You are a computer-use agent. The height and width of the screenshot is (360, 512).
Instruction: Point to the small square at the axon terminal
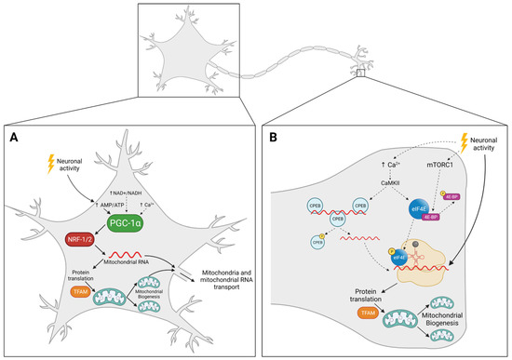tap(361, 72)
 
